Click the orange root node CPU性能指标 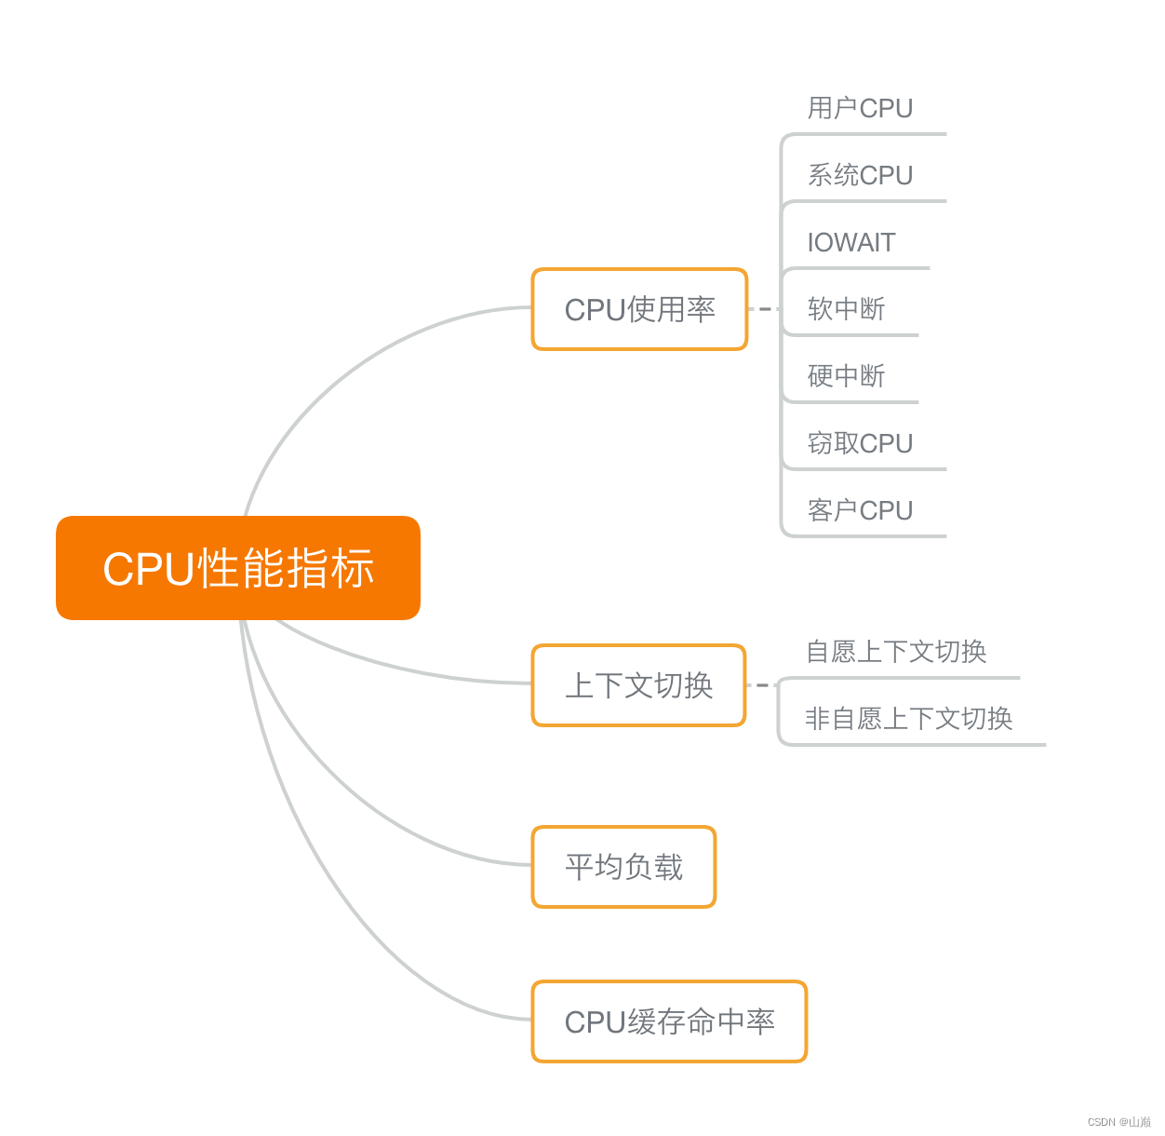238,568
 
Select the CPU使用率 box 639,309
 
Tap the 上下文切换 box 638,685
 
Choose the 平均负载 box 623,867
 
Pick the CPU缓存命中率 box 669,1021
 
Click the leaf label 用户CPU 860,108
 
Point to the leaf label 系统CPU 860,175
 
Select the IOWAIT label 850,242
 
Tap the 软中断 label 846,309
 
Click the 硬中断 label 846,376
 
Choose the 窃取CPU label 860,443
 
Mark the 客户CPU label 860,510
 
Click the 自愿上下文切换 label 896,652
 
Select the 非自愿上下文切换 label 908,719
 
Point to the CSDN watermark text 1118,1122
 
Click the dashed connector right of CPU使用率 764,309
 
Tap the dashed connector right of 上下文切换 762,685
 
